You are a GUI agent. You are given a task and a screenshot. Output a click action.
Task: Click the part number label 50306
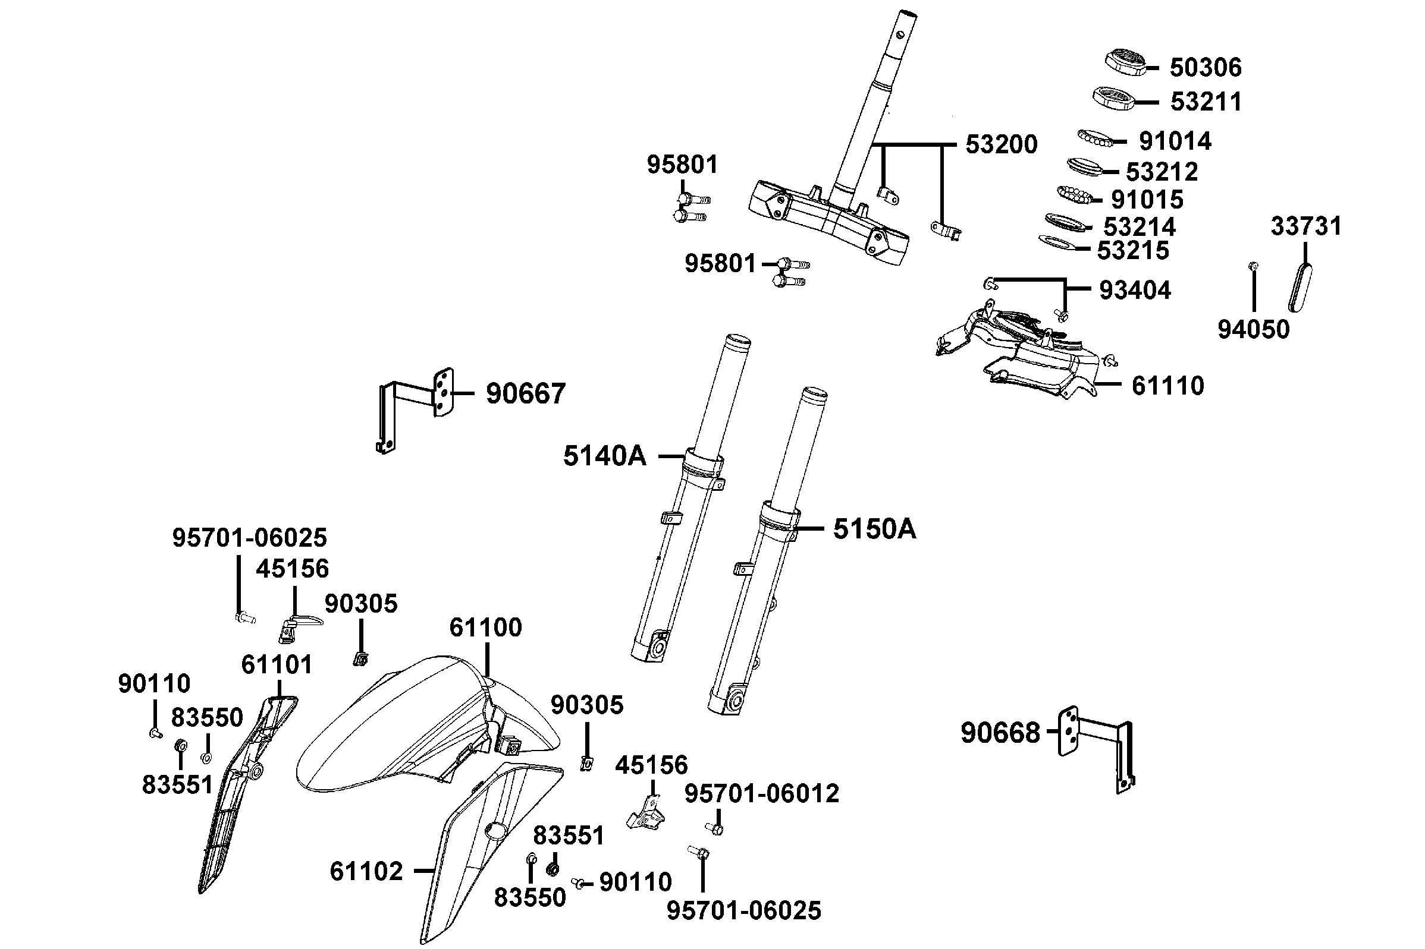(x=1204, y=67)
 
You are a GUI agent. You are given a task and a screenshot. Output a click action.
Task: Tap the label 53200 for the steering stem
(x=1001, y=144)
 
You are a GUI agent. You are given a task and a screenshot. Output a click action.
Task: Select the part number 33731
(x=1305, y=226)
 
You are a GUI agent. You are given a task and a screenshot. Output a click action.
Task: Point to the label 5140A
(x=604, y=456)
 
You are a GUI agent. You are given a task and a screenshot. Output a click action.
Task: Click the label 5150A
(x=874, y=529)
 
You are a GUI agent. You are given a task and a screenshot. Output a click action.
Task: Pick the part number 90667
(x=525, y=393)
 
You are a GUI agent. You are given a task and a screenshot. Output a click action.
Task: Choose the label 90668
(x=1000, y=733)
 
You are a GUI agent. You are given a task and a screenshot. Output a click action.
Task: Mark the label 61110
(x=1167, y=386)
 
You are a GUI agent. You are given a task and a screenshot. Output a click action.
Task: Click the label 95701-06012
(x=762, y=793)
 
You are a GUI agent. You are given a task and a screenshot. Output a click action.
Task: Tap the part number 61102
(x=366, y=872)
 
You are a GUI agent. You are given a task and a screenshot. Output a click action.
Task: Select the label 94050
(x=1253, y=330)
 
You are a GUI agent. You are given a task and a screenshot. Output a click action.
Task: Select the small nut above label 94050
(x=1254, y=266)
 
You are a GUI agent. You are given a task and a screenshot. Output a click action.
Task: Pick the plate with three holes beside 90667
(x=442, y=392)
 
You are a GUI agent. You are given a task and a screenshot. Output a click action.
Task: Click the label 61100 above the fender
(x=485, y=628)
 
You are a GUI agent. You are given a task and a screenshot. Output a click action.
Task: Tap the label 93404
(x=1134, y=291)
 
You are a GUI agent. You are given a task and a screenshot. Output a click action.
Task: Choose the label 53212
(x=1161, y=172)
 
